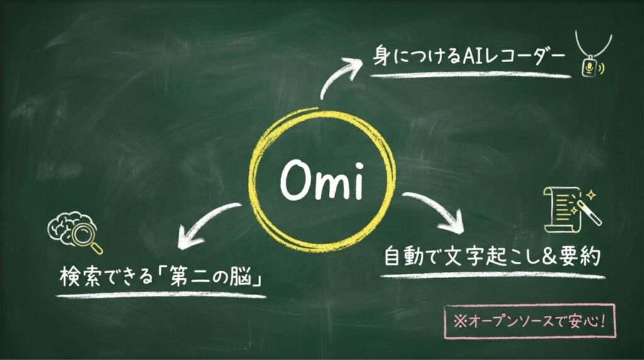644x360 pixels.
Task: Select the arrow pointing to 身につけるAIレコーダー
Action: pos(340,77)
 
